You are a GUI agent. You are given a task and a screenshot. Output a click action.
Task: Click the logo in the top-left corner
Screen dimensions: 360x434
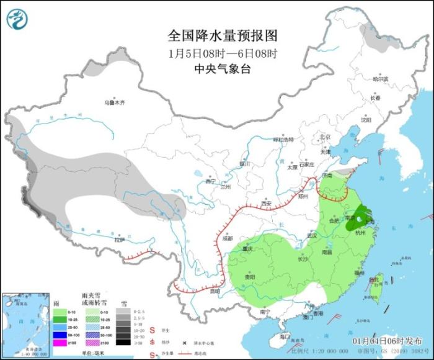pyautogui.click(x=18, y=19)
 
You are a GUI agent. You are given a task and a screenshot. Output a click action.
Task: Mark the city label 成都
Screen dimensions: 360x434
pyautogui.click(x=226, y=238)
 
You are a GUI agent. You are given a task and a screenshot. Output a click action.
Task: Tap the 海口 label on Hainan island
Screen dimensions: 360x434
pyautogui.click(x=285, y=336)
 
